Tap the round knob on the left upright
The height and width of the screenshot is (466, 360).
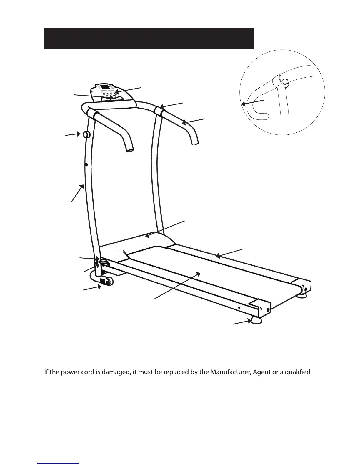[x=86, y=134]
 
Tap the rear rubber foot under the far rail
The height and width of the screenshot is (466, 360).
[x=303, y=295]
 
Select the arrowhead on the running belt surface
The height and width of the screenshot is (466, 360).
[x=199, y=274]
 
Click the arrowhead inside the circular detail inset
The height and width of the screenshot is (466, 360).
[x=243, y=104]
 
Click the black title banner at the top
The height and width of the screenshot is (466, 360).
[x=149, y=39]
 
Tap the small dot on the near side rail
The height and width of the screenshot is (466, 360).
[x=239, y=307]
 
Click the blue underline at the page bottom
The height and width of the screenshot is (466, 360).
[x=59, y=464]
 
